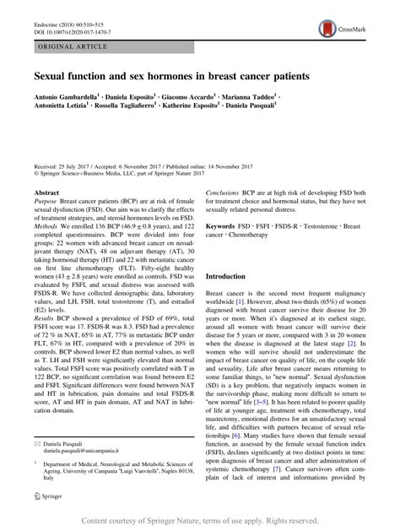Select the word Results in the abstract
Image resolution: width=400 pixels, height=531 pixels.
click(44, 336)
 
